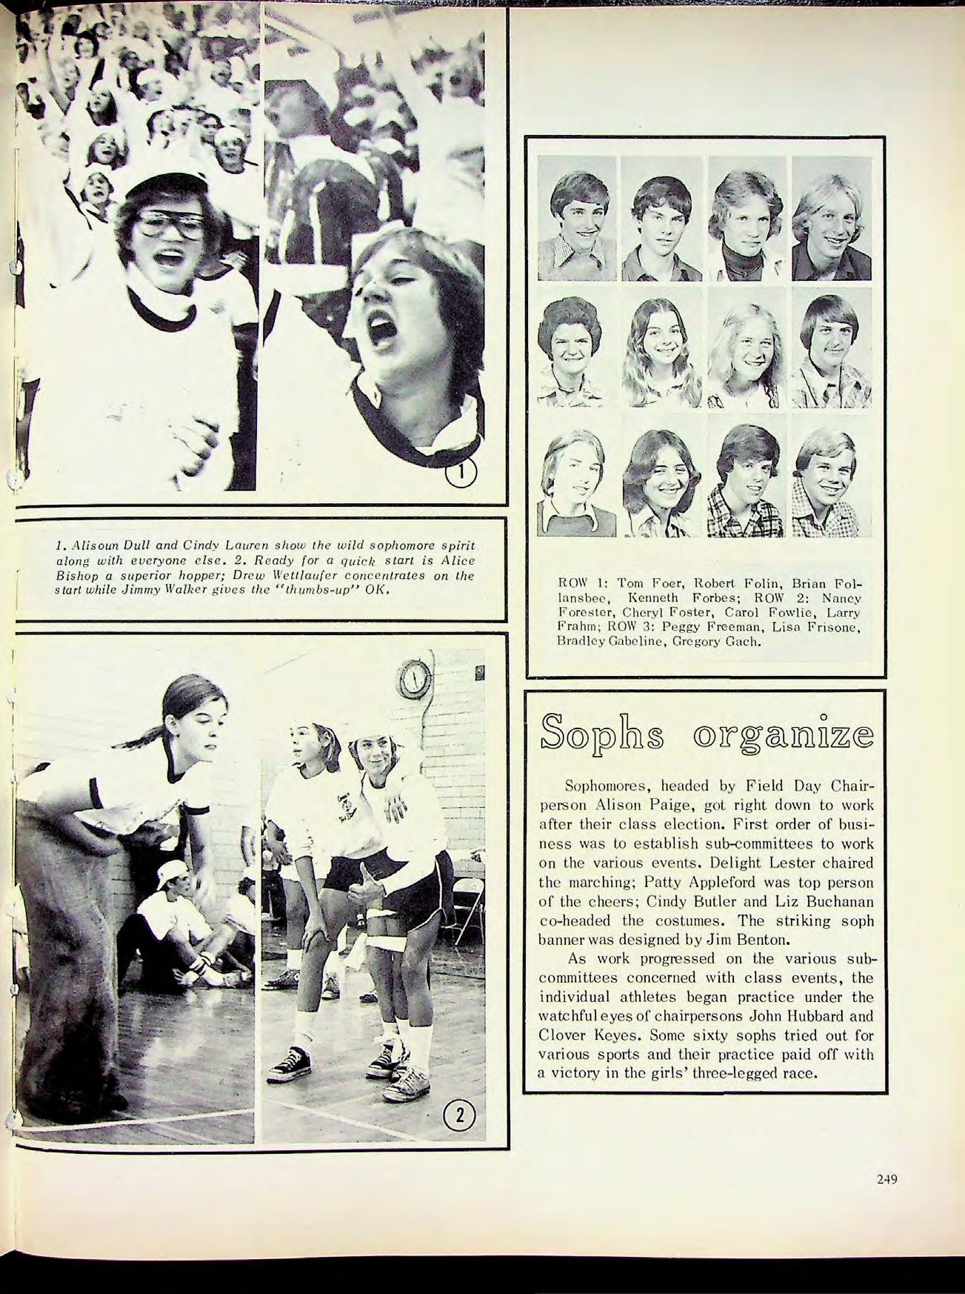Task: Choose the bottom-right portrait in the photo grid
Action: click(825, 484)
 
